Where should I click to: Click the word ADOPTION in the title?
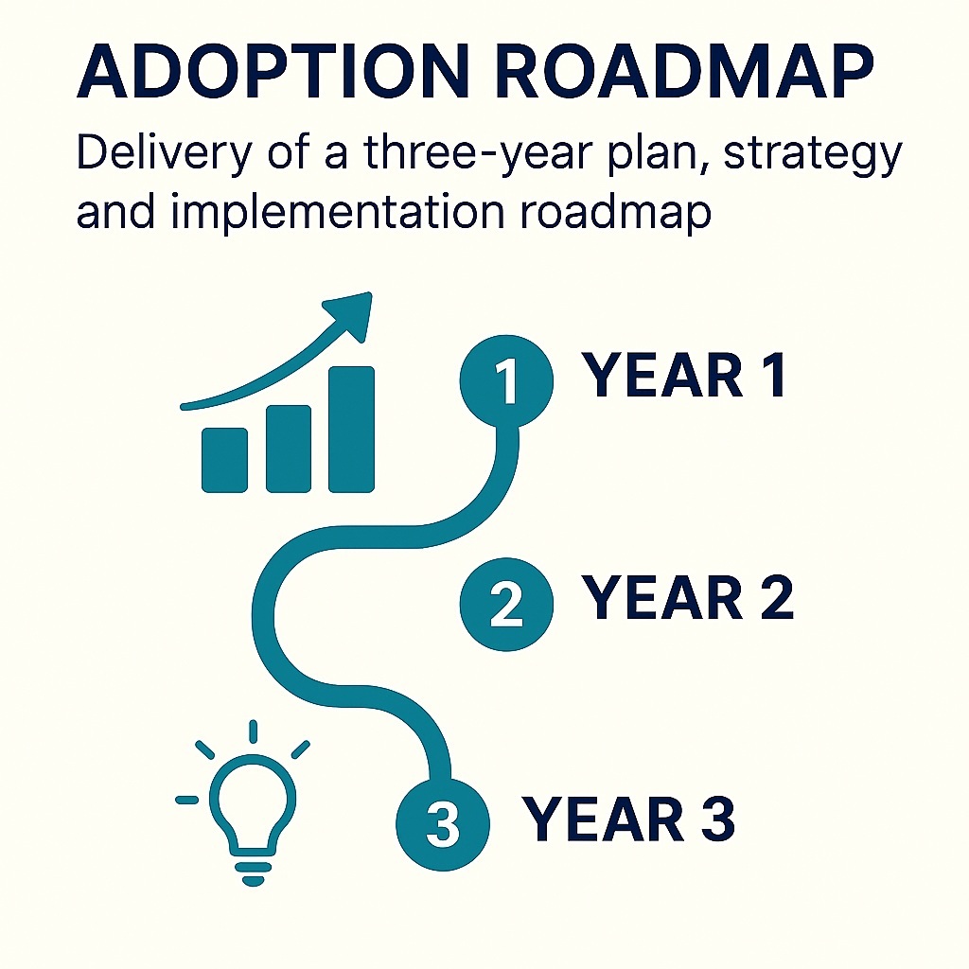click(x=270, y=71)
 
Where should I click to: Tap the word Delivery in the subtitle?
click(x=165, y=154)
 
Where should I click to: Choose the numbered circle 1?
click(x=506, y=380)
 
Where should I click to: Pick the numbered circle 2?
click(x=506, y=605)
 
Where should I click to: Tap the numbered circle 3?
click(x=443, y=824)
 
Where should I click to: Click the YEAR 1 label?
click(x=684, y=376)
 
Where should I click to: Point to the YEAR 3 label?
click(x=628, y=819)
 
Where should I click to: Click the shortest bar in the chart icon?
click(x=225, y=461)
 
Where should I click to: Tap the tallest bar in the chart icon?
click(x=351, y=430)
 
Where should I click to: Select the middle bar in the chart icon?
click(x=288, y=449)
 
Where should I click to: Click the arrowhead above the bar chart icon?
click(x=352, y=314)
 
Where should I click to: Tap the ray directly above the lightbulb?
click(x=253, y=731)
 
